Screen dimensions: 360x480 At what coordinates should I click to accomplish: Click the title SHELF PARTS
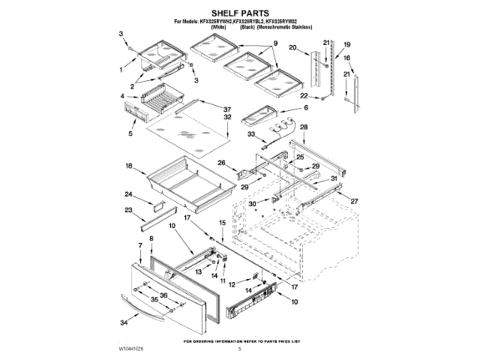tap(239, 13)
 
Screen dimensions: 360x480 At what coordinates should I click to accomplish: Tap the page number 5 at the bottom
tap(240, 349)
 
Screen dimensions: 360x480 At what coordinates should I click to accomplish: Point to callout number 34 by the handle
tap(124, 323)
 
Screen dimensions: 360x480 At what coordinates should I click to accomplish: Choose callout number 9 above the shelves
tap(274, 44)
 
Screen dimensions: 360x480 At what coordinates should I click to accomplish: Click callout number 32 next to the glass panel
tap(226, 118)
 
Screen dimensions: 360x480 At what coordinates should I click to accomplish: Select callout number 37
tap(226, 109)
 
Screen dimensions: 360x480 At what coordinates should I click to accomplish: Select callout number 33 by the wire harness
tap(251, 135)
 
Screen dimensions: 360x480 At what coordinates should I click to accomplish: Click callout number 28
tap(304, 127)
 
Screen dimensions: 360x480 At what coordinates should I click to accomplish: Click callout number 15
tap(222, 223)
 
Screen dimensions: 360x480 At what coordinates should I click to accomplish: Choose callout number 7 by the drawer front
tap(139, 245)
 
